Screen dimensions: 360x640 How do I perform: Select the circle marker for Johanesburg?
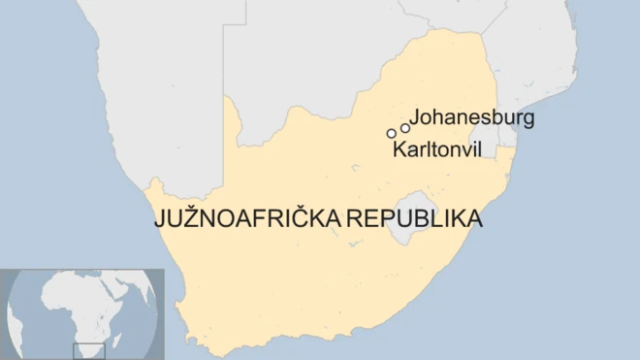405,127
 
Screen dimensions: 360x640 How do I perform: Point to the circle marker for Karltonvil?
392,133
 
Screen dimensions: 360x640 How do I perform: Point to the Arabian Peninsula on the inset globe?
129,284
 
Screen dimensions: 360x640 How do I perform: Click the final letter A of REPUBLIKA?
474,219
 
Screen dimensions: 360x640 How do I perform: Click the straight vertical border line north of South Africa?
224,58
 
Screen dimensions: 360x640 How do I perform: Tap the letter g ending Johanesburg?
528,120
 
